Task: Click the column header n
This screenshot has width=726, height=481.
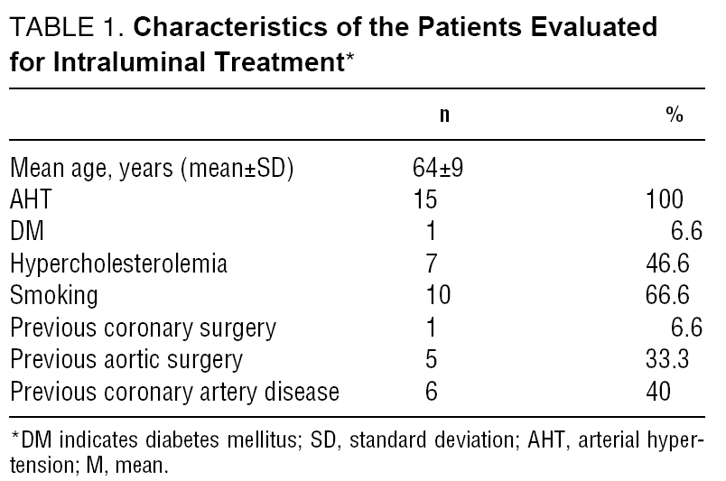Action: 444,116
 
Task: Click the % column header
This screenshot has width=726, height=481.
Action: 674,116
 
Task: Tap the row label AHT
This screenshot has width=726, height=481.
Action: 31,199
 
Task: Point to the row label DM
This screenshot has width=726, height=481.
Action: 26,232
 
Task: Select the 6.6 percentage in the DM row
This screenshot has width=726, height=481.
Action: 685,232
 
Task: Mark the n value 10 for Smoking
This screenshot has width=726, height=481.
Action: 438,296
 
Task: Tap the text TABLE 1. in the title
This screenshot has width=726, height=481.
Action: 67,29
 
